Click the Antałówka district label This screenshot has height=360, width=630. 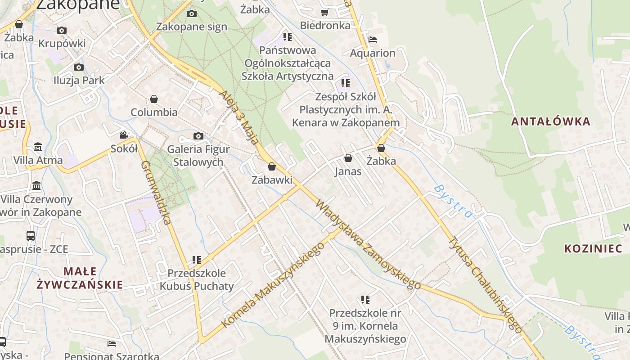(x=550, y=121)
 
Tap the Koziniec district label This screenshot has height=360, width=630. (x=593, y=248)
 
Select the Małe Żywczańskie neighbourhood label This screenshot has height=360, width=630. (x=80, y=278)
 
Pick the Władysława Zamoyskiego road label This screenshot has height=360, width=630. (x=368, y=243)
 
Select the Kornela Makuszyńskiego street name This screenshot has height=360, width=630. (x=273, y=285)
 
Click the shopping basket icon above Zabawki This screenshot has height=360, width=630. (x=272, y=167)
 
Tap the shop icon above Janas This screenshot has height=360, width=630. (x=348, y=158)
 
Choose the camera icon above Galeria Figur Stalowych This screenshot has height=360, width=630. (x=198, y=136)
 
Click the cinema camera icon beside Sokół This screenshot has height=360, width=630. (x=124, y=135)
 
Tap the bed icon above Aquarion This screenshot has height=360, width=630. (x=372, y=40)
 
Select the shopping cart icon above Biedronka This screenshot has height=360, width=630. (x=324, y=12)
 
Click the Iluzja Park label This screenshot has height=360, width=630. (x=79, y=81)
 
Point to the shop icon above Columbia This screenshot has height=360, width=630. (x=154, y=99)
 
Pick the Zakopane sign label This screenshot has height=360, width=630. (x=192, y=27)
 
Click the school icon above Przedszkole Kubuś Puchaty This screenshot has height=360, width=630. (x=197, y=260)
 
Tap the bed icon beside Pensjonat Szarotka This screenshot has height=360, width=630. (x=112, y=344)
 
